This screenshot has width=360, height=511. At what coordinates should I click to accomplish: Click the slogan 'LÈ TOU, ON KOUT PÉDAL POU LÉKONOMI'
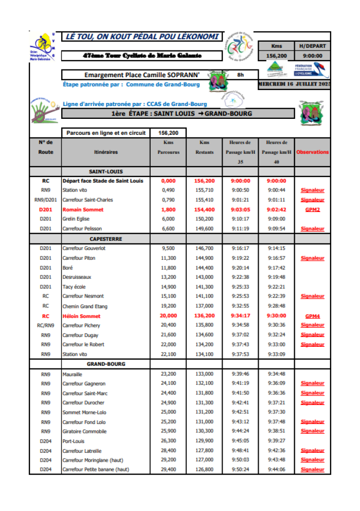pyautogui.click(x=141, y=37)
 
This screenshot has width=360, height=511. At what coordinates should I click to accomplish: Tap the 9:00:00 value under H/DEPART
pyautogui.click(x=312, y=56)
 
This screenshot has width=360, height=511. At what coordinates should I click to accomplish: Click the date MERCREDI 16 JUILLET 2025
pyautogui.click(x=295, y=83)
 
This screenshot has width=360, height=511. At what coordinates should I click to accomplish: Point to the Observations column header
pyautogui.click(x=312, y=152)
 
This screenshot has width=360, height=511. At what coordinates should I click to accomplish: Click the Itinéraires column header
pyautogui.click(x=106, y=152)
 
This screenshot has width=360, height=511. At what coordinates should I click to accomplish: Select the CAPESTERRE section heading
pyautogui.click(x=105, y=239)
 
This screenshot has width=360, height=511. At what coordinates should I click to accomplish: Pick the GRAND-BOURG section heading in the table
pyautogui.click(x=105, y=364)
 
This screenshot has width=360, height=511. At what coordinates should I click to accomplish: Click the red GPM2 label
pyautogui.click(x=312, y=209)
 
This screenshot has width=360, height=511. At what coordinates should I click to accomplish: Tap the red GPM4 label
pyautogui.click(x=312, y=316)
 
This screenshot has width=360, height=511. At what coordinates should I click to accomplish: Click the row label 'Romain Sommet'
pyautogui.click(x=83, y=209)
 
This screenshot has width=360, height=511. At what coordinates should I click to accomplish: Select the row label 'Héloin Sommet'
pyautogui.click(x=81, y=316)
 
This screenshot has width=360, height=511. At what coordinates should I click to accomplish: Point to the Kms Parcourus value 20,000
pyautogui.click(x=168, y=316)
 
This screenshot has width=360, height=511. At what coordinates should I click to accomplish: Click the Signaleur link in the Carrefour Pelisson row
pyautogui.click(x=312, y=228)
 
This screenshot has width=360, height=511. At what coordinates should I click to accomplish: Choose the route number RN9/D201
pyautogui.click(x=45, y=200)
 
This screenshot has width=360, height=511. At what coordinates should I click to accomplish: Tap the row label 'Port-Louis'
pyautogui.click(x=74, y=441)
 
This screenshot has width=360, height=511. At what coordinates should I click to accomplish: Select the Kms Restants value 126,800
pyautogui.click(x=204, y=469)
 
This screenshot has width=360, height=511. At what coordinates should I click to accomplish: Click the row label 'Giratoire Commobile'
pyautogui.click(x=84, y=431)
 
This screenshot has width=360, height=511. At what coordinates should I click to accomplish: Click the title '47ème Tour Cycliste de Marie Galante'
pyautogui.click(x=142, y=56)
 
